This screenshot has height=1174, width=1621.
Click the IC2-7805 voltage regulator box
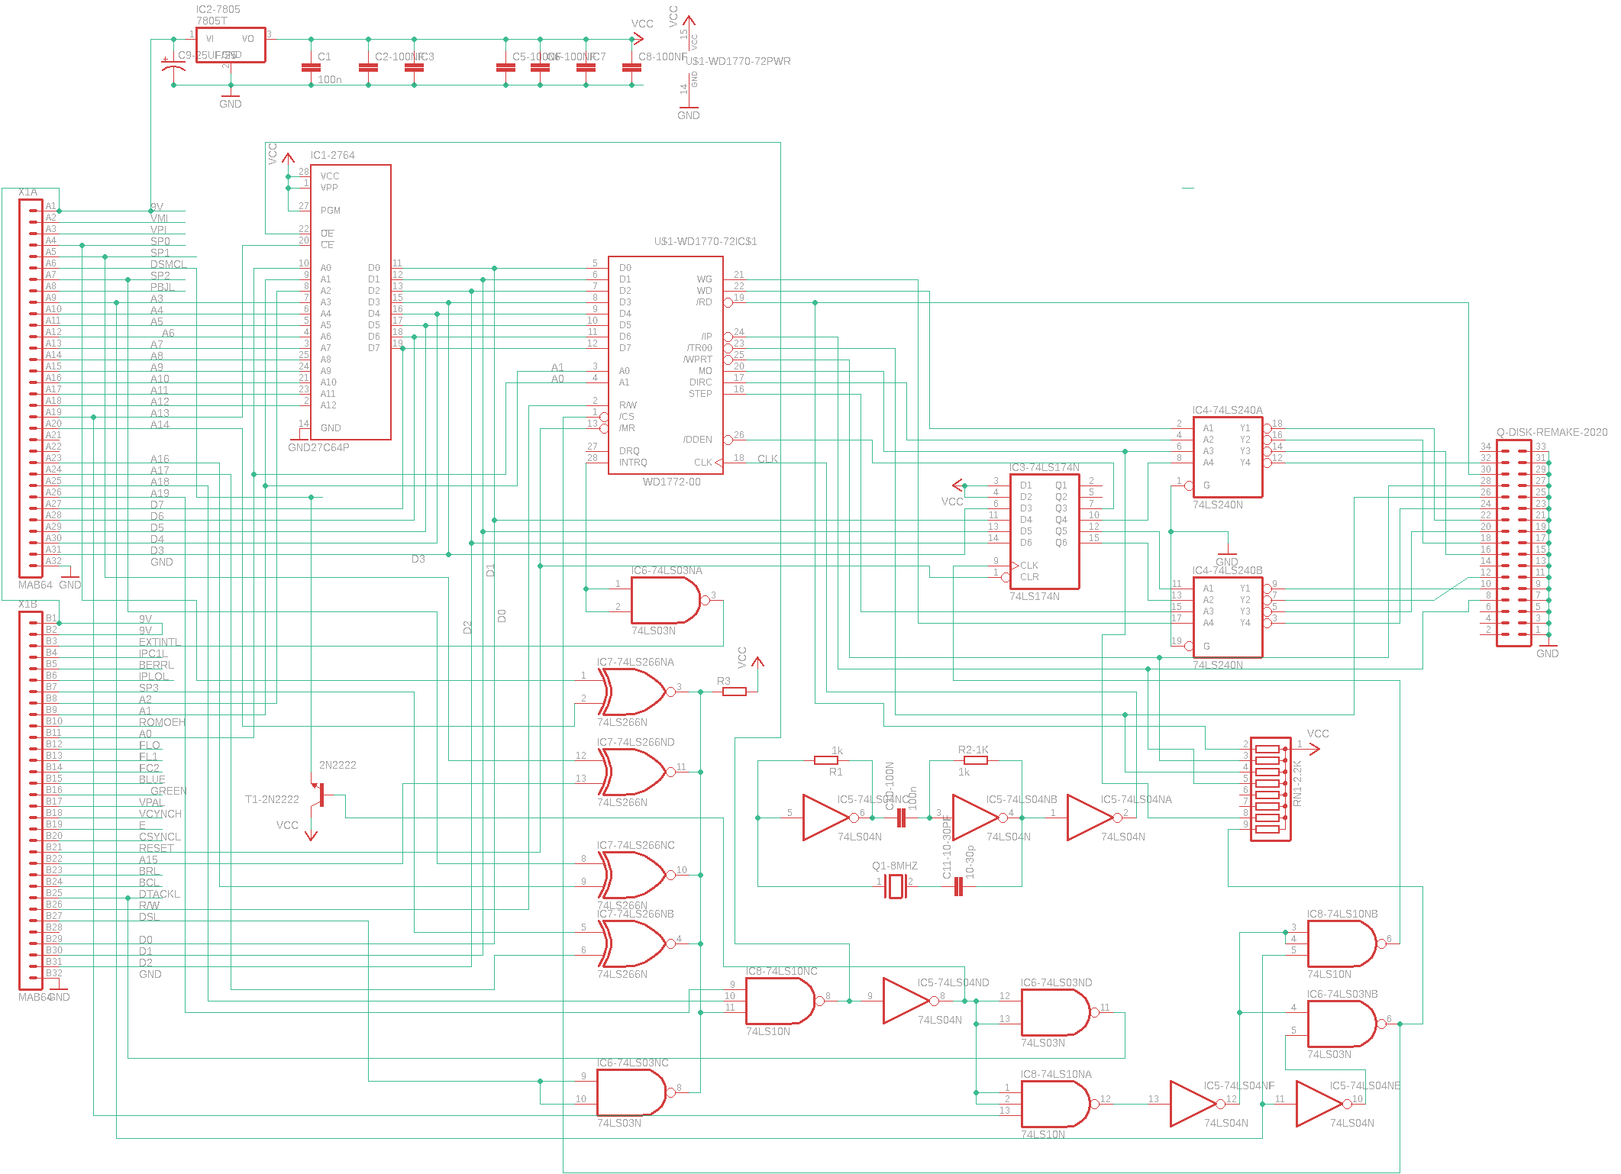pos(231,45)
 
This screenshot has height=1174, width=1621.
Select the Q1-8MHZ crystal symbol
pos(895,886)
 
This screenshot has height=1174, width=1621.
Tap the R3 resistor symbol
pos(734,692)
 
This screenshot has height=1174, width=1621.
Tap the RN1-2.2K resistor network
pos(1270,789)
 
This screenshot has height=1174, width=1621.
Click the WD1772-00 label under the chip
pos(671,482)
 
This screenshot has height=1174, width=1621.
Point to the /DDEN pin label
pos(697,440)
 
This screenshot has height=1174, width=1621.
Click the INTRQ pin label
pos(633,463)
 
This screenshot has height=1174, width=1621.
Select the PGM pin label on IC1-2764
pos(331,211)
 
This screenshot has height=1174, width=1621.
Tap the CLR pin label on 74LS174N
pos(1029,577)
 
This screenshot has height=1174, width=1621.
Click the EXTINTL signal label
pos(160,642)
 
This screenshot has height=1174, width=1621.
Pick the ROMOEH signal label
pos(162,722)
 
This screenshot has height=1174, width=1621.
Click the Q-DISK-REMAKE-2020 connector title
pos(1552,432)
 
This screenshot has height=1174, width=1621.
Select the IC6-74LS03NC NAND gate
pos(631,1092)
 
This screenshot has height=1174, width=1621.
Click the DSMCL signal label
pos(168,264)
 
